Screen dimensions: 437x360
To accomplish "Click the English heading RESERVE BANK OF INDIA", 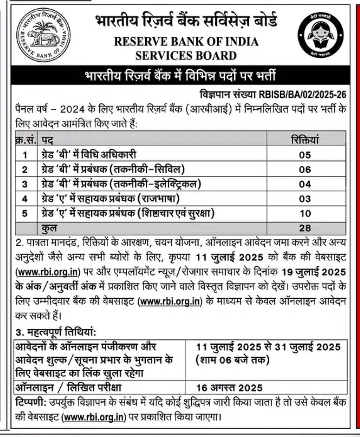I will coord(186,42).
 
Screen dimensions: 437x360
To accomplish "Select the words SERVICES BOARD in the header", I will coord(186,56).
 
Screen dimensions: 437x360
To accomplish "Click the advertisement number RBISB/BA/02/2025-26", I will coord(303,94).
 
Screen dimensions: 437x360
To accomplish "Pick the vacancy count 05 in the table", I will coord(305,155).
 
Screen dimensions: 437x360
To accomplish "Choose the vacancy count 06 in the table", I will coord(305,170).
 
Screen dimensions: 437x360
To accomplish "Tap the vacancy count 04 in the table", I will coord(305,185).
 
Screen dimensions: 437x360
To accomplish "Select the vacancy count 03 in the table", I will coord(305,199).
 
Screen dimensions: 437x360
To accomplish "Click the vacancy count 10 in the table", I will coord(305,214).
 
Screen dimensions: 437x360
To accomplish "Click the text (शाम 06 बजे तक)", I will coord(232,361).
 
